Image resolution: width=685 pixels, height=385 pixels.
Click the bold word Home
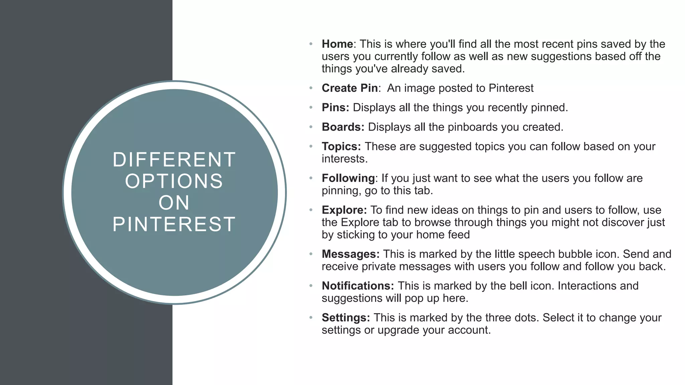(x=337, y=44)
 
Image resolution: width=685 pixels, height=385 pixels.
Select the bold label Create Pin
(x=350, y=88)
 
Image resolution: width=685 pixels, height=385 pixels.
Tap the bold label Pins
(x=335, y=108)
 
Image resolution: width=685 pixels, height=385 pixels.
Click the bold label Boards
(x=342, y=127)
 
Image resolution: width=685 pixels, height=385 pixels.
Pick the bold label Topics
(x=341, y=147)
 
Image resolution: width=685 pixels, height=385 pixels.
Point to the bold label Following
(x=348, y=178)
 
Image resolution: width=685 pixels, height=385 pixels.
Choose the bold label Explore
(x=344, y=210)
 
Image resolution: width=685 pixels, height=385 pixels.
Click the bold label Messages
(x=350, y=254)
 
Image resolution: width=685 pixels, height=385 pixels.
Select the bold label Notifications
(x=358, y=286)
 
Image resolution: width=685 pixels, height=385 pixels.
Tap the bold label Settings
(x=346, y=318)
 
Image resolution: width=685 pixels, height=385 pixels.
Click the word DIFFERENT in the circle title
(x=174, y=160)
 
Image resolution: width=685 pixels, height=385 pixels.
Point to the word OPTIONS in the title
(x=174, y=181)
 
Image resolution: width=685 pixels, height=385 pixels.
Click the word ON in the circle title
(x=174, y=203)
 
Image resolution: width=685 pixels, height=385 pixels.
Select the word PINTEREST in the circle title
(x=174, y=224)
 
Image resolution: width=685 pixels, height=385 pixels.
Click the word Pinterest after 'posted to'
(x=511, y=88)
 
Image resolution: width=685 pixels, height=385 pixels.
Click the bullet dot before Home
(x=311, y=44)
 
